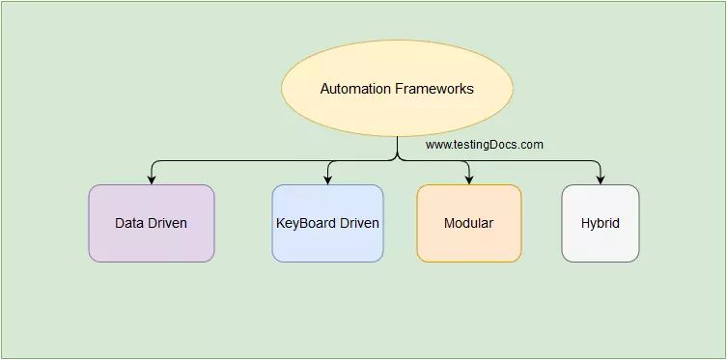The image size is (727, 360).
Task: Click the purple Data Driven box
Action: pyautogui.click(x=152, y=223)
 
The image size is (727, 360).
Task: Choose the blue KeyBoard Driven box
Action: pyautogui.click(x=327, y=223)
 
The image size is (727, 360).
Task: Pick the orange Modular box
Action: pyautogui.click(x=469, y=223)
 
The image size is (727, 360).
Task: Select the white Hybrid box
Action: pyautogui.click(x=601, y=223)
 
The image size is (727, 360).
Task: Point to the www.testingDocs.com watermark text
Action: pyautogui.click(x=485, y=145)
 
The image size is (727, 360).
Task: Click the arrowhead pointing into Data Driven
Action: pyautogui.click(x=152, y=180)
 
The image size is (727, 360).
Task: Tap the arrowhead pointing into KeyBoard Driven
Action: pyautogui.click(x=328, y=180)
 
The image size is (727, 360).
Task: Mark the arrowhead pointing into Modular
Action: pyautogui.click(x=469, y=180)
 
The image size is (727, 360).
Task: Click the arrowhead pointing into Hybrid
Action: pyautogui.click(x=601, y=180)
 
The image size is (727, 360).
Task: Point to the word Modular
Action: pyautogui.click(x=469, y=223)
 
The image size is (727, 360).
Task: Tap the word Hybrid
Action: pyautogui.click(x=601, y=223)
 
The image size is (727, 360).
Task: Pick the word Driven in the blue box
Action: pyautogui.click(x=357, y=223)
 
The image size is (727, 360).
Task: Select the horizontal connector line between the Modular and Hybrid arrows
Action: pyautogui.click(x=536, y=159)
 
